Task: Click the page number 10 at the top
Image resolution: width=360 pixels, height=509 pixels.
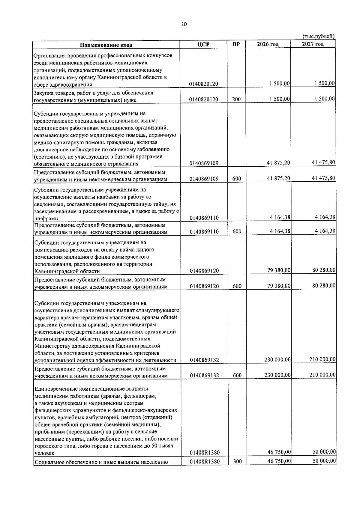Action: [x=184, y=24]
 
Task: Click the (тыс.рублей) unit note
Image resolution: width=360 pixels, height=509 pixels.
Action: [x=318, y=36]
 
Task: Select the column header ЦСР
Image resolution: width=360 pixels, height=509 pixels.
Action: [x=203, y=44]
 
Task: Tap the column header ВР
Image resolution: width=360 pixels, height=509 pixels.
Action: [x=236, y=44]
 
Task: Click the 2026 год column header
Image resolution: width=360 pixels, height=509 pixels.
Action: [x=268, y=44]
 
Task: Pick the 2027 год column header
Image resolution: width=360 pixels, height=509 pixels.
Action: [x=313, y=44]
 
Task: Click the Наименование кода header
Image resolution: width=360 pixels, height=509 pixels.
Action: [x=106, y=45]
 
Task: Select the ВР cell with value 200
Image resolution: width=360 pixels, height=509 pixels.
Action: [x=236, y=100]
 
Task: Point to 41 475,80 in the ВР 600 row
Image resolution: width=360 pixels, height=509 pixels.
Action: [x=323, y=178]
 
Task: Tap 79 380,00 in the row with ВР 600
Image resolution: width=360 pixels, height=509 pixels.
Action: [x=278, y=286]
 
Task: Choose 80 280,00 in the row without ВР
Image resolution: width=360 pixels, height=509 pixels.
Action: [x=323, y=270]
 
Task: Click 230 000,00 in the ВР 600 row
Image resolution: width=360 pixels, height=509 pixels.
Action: [x=277, y=375]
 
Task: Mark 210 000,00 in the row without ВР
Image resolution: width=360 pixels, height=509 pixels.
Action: [x=322, y=359]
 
